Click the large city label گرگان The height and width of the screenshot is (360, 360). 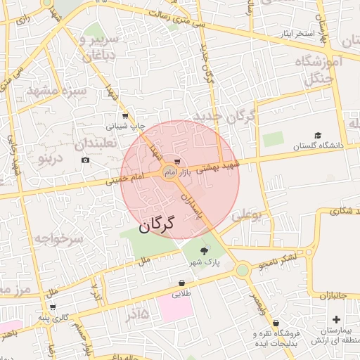156,226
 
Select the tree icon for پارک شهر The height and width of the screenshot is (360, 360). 205,251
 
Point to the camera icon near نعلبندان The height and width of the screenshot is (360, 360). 85,160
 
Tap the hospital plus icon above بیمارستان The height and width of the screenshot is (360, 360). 336,320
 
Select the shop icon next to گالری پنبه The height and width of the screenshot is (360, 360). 53,307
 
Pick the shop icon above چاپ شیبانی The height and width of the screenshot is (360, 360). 125,117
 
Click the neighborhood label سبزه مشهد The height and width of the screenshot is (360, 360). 58,91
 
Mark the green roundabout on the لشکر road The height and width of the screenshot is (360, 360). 243,269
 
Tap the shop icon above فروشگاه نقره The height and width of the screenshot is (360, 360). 276,323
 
